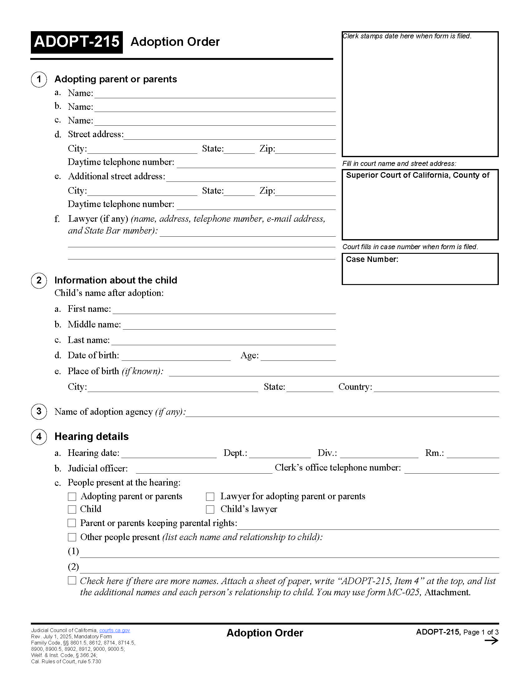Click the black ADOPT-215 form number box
pos(77,42)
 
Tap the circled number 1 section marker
pos(39,79)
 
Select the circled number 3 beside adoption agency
pos(39,412)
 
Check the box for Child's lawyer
pos(210,510)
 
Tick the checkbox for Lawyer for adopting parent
pos(210,497)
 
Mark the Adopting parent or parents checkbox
pos(72,497)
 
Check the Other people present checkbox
pos(72,538)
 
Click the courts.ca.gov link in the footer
pos(115,630)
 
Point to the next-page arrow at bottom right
pos(491,641)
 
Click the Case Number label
pos(372,259)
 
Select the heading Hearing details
pos(91,437)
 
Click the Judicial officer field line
pos(204,470)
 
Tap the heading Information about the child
pos(116,280)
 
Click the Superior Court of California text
pos(417,175)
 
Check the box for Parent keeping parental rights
pos(72,523)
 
